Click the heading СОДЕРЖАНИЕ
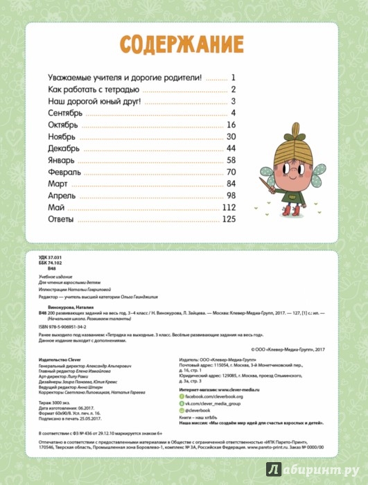pos(184,44)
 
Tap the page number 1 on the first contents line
pos(235,78)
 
